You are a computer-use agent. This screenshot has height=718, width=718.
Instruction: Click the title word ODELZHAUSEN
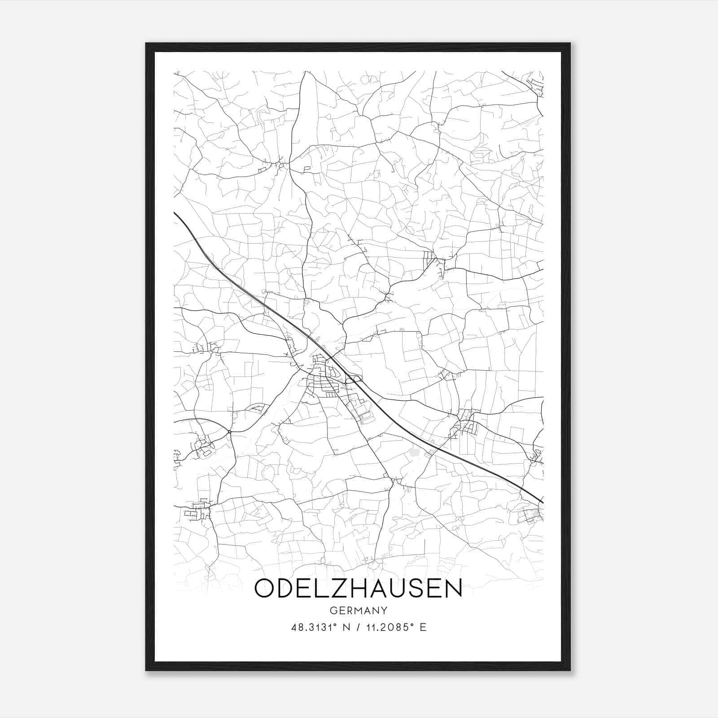coord(358,589)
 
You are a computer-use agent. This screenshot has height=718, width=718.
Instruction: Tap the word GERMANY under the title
coord(358,611)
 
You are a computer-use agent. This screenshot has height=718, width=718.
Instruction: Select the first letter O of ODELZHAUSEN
coord(265,589)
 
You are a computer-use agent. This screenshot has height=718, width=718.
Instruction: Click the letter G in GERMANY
coord(333,611)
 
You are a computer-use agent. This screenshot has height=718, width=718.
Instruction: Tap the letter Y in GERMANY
coord(385,611)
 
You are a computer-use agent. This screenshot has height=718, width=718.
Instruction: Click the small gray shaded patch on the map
coord(413,453)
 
